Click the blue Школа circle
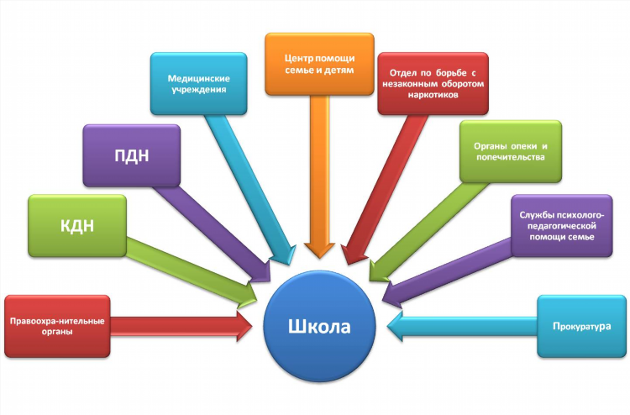pyautogui.click(x=319, y=326)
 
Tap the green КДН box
pyautogui.click(x=77, y=226)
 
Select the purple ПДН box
pyautogui.click(x=132, y=155)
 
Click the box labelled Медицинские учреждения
pyautogui.click(x=198, y=83)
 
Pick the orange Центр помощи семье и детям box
pyautogui.click(x=319, y=65)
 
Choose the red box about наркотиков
pyautogui.click(x=433, y=83)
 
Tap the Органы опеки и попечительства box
pyautogui.click(x=511, y=151)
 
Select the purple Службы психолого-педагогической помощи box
pyautogui.click(x=562, y=226)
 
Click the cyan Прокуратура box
pyautogui.click(x=581, y=326)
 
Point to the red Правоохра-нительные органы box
pyautogui.click(x=57, y=326)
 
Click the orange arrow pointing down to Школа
pyautogui.click(x=319, y=176)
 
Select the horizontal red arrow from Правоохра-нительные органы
pyautogui.click(x=181, y=326)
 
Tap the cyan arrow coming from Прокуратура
pyautogui.click(x=462, y=326)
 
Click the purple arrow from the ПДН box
pyautogui.click(x=213, y=234)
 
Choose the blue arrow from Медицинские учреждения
pyautogui.click(x=250, y=190)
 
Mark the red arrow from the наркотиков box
pyautogui.click(x=385, y=190)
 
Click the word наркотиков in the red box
pyautogui.click(x=433, y=95)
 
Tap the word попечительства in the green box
pyautogui.click(x=511, y=157)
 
